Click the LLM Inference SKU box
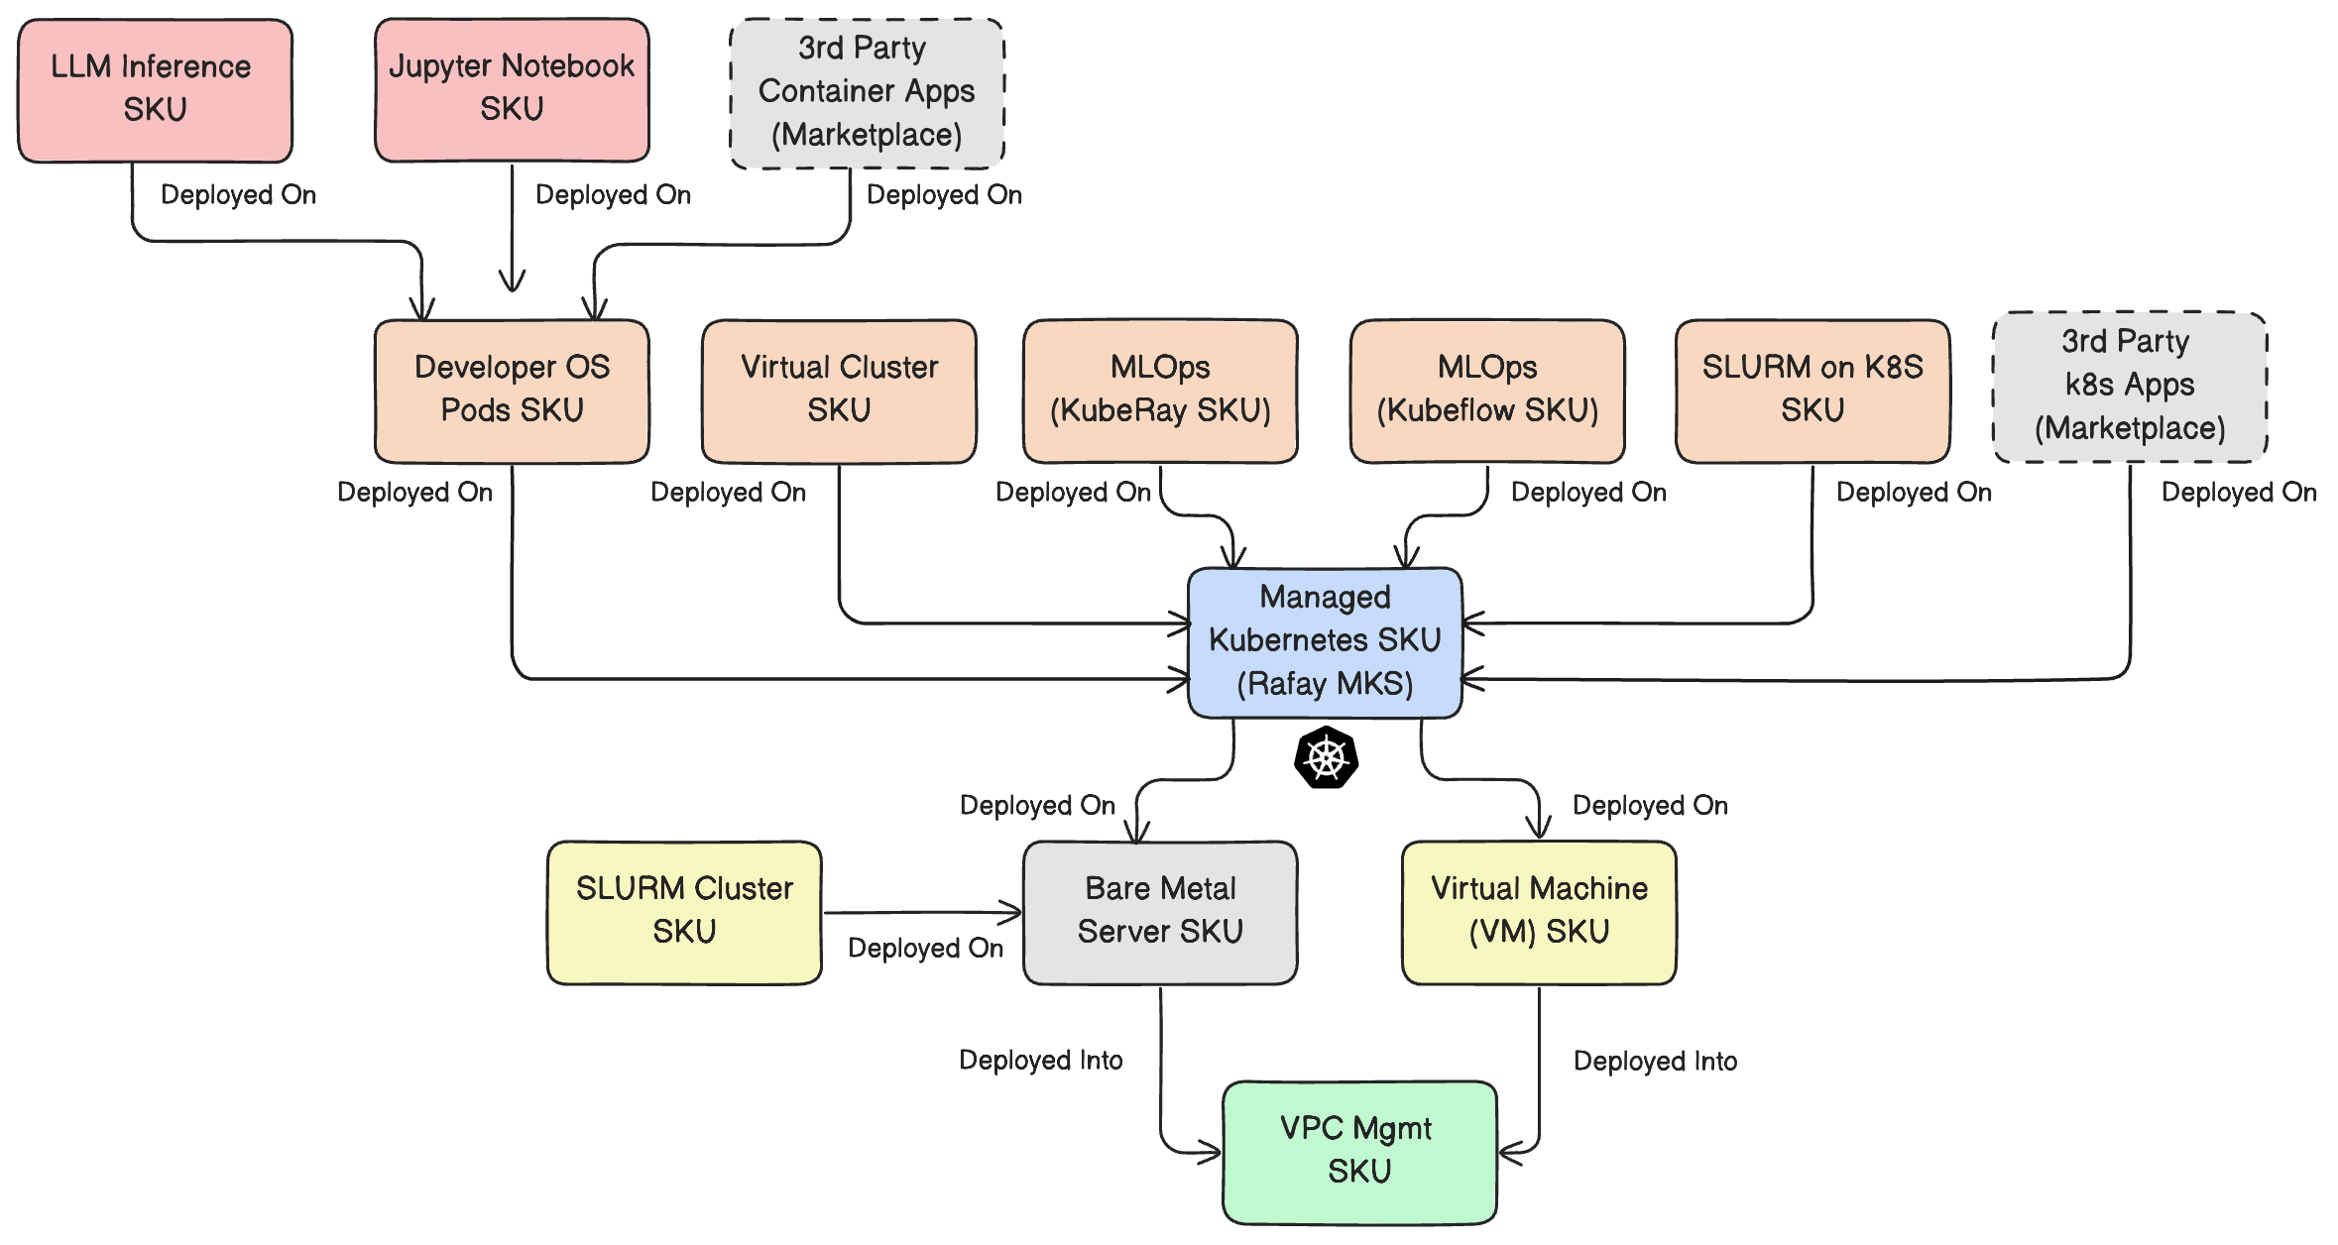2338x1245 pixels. (x=155, y=90)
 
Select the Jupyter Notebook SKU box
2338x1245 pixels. (x=512, y=89)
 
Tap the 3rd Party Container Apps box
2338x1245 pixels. (x=867, y=92)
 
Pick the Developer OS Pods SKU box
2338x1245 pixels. (x=512, y=391)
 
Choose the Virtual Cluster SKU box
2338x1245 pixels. (x=839, y=391)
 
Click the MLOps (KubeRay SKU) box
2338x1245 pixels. (x=1160, y=391)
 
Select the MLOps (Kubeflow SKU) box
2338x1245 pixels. (x=1487, y=391)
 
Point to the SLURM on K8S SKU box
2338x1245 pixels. (x=1812, y=391)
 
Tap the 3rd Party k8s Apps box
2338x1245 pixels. (x=2130, y=387)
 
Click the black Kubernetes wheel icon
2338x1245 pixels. (x=1326, y=758)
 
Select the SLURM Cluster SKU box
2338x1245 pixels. (x=684, y=912)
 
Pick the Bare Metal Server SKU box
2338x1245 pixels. (x=1160, y=912)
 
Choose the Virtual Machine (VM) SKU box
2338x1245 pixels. (x=1539, y=912)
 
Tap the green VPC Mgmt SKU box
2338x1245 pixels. (x=1359, y=1152)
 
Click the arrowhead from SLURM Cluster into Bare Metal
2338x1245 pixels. (x=1013, y=912)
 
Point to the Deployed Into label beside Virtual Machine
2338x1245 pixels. (x=1655, y=1061)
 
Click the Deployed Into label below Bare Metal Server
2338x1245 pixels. (x=1040, y=1060)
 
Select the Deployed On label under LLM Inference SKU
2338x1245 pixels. (x=238, y=194)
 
